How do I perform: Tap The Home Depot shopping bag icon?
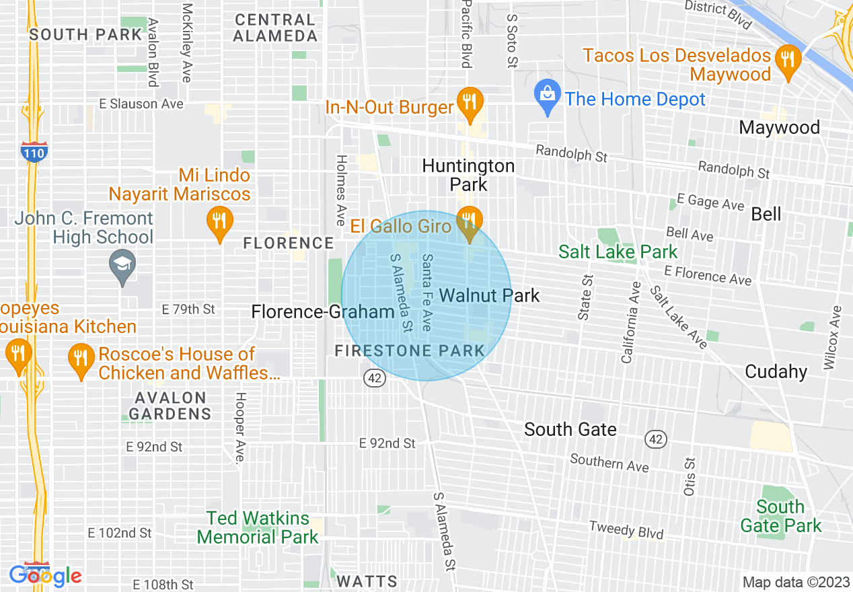(548, 98)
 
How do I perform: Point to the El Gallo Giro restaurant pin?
(470, 221)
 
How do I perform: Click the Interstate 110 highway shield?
(33, 152)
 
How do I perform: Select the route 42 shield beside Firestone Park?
(375, 378)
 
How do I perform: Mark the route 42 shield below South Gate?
(656, 439)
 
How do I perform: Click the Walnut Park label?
(489, 295)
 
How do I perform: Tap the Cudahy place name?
(776, 371)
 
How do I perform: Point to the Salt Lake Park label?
(618, 252)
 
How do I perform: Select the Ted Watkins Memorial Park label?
(258, 527)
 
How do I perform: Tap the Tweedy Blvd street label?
(626, 530)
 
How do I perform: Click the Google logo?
(45, 576)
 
